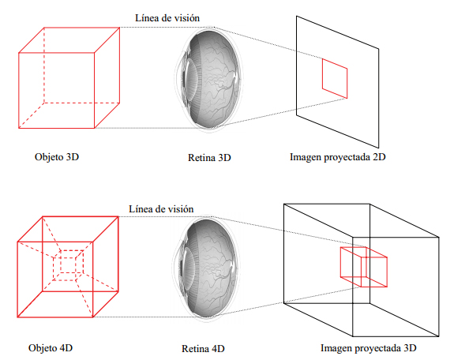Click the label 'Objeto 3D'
pyautogui.click(x=57, y=157)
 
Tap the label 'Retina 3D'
pyautogui.click(x=209, y=158)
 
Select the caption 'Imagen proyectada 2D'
pyautogui.click(x=338, y=157)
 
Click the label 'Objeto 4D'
pyautogui.click(x=51, y=348)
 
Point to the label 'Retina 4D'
pyautogui.click(x=203, y=348)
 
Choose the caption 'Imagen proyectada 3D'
pyautogui.click(x=368, y=348)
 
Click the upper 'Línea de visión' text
pyautogui.click(x=167, y=18)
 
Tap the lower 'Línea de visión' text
pyautogui.click(x=161, y=209)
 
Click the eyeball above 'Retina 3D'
pyautogui.click(x=208, y=80)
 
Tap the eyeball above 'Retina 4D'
pyautogui.click(x=206, y=269)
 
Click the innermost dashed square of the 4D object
pyautogui.click(x=60, y=265)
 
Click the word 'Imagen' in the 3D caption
pyautogui.click(x=336, y=348)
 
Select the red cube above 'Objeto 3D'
pyautogui.click(x=19, y=91)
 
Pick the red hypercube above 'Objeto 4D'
pyautogui.click(x=17, y=279)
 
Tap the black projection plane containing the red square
pyautogui.click(x=297, y=66)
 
